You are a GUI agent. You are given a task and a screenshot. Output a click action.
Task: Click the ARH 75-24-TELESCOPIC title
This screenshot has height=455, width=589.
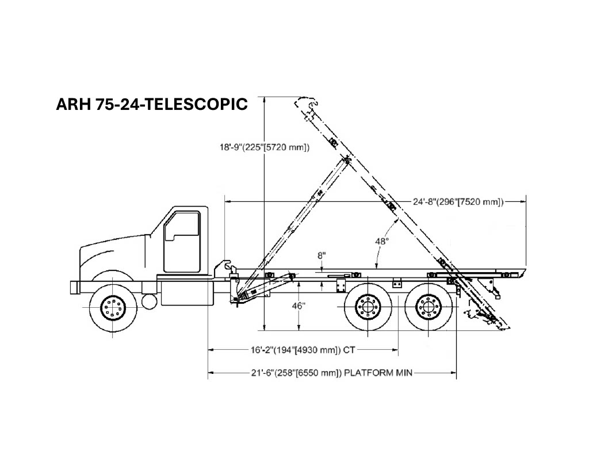(x=152, y=104)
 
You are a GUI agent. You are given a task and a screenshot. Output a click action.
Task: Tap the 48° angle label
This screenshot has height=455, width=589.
(x=382, y=241)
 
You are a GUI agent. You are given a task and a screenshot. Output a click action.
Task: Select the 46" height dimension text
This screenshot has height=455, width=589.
(x=299, y=306)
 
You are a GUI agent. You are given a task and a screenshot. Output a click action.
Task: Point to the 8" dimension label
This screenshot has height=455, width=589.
(x=322, y=256)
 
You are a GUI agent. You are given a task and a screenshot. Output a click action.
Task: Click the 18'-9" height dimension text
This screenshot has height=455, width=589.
(x=265, y=147)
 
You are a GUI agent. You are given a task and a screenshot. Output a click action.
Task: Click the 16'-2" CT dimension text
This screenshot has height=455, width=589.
(x=303, y=350)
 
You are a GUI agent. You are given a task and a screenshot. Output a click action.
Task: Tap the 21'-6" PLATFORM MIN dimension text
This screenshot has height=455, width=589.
(x=332, y=373)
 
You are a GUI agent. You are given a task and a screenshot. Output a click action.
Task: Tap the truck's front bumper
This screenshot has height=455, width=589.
(x=74, y=288)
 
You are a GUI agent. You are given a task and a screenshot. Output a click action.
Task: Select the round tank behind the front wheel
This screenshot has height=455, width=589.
(x=149, y=301)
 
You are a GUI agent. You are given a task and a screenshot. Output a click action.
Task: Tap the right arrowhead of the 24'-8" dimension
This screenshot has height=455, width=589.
(x=522, y=202)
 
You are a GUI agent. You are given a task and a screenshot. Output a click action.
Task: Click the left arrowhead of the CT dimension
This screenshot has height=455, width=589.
(x=212, y=350)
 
